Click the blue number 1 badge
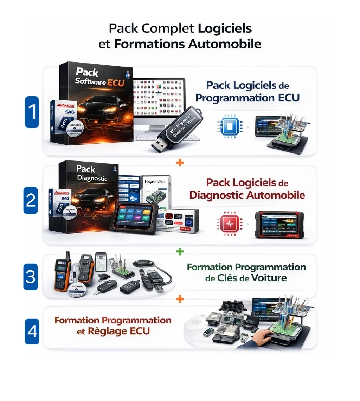[x=32, y=112]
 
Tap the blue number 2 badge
[x=31, y=200]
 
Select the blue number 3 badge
[x=30, y=277]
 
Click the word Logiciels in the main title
[x=225, y=28]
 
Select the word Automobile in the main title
[x=225, y=45]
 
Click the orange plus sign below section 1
[x=180, y=163]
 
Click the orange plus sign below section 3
[x=180, y=299]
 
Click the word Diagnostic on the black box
[x=92, y=178]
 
